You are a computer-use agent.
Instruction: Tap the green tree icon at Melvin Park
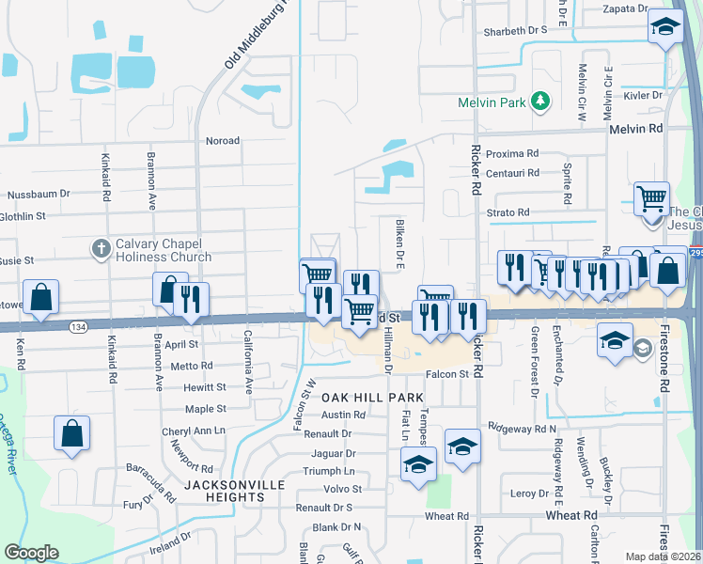539,101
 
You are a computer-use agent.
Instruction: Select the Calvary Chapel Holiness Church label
164,250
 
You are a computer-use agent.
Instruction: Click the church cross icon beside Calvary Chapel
102,249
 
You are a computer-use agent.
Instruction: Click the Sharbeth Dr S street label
515,30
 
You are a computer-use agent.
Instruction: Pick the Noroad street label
223,140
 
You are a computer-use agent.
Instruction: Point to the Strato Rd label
508,212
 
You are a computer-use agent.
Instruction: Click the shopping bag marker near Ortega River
71,433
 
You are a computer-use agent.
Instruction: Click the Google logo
31,553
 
